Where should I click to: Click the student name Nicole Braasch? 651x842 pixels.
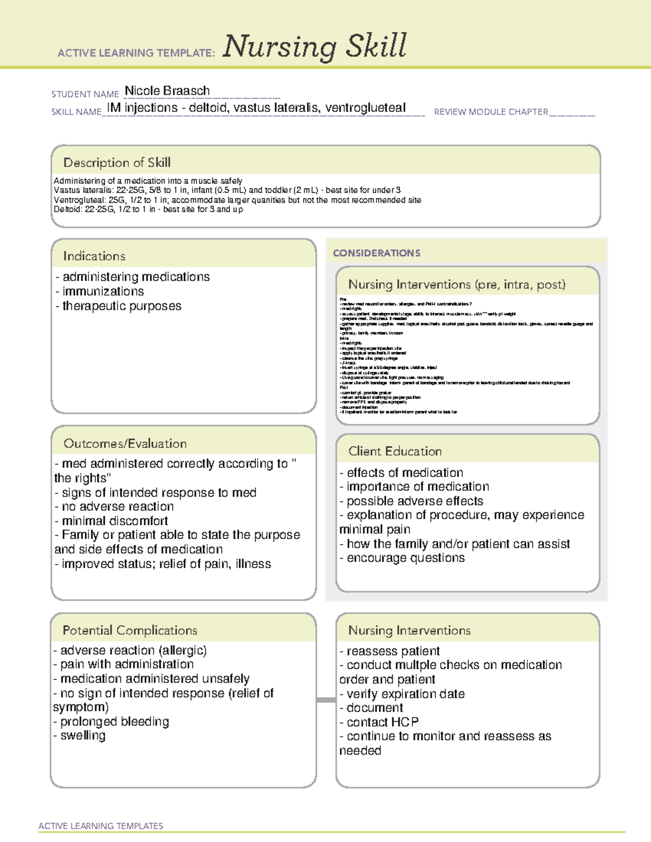click(x=167, y=91)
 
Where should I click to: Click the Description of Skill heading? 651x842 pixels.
click(x=117, y=163)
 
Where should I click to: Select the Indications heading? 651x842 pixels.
click(x=94, y=256)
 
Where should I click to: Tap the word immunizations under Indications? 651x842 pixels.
click(x=103, y=292)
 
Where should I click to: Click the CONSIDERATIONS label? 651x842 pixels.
click(x=376, y=253)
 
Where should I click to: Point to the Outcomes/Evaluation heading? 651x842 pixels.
click(x=125, y=444)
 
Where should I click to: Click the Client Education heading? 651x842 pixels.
click(x=395, y=451)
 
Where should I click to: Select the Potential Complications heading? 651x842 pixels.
click(x=130, y=631)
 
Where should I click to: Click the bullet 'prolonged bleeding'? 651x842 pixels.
click(x=114, y=722)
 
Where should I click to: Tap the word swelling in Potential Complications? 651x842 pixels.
click(x=83, y=736)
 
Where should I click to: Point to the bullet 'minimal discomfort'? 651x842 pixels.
click(x=114, y=521)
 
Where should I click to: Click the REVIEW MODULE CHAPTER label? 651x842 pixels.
click(x=491, y=112)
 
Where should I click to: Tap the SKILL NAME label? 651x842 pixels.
click(x=76, y=112)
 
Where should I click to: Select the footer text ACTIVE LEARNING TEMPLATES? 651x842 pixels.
click(x=100, y=826)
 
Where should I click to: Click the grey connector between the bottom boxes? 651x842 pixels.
click(x=326, y=700)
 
